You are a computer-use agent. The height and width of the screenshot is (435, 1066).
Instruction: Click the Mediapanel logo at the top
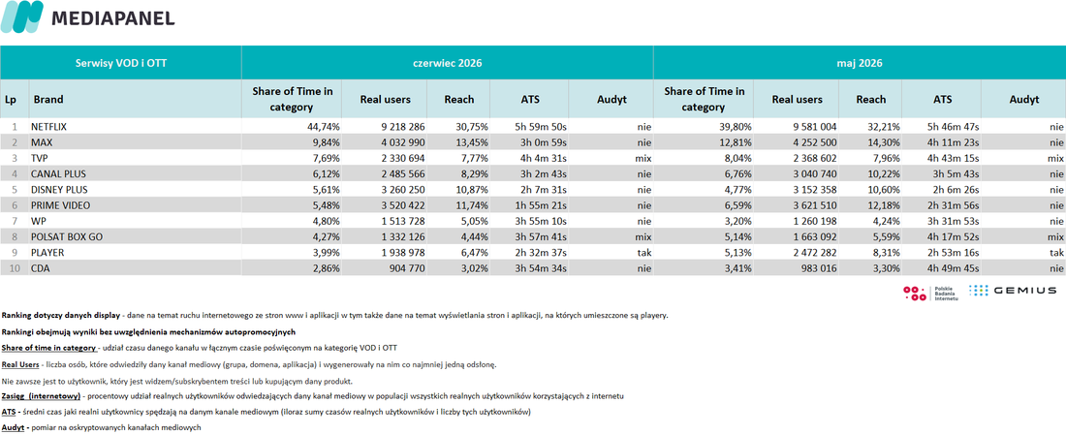point(87,17)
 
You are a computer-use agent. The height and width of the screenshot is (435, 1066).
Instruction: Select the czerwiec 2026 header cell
point(448,63)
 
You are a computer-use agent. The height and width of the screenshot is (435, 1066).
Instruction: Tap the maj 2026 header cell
point(860,63)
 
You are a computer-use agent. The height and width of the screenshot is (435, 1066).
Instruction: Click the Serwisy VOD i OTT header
point(121,63)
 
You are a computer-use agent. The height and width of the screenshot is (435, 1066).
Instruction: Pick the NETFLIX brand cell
point(49,126)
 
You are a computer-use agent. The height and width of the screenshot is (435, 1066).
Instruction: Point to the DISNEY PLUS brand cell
point(59,189)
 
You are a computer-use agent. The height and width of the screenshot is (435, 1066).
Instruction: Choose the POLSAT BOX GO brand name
point(66,236)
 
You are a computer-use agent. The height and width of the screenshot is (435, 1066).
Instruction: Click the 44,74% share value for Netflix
point(323,126)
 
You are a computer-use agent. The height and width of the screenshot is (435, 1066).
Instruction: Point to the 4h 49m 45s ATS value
point(955,267)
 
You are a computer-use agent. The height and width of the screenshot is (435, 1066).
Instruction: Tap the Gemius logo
point(1013,291)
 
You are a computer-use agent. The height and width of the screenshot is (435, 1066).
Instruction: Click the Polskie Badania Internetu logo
point(930,293)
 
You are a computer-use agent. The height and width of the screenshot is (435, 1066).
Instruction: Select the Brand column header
point(48,99)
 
